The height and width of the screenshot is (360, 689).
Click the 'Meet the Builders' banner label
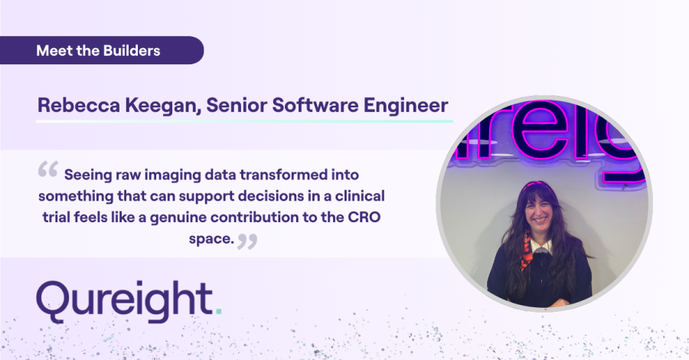[98, 51]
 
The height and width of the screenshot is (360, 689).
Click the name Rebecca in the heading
[78, 106]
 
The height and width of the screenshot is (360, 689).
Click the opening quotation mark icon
[48, 169]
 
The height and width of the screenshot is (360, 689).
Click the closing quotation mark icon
[247, 241]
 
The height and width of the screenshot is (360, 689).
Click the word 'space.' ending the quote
[211, 240]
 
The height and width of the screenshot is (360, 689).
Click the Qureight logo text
[129, 301]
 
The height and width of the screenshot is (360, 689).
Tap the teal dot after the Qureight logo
[218, 312]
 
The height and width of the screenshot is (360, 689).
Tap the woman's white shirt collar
[540, 246]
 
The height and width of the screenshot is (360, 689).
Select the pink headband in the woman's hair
[537, 185]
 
